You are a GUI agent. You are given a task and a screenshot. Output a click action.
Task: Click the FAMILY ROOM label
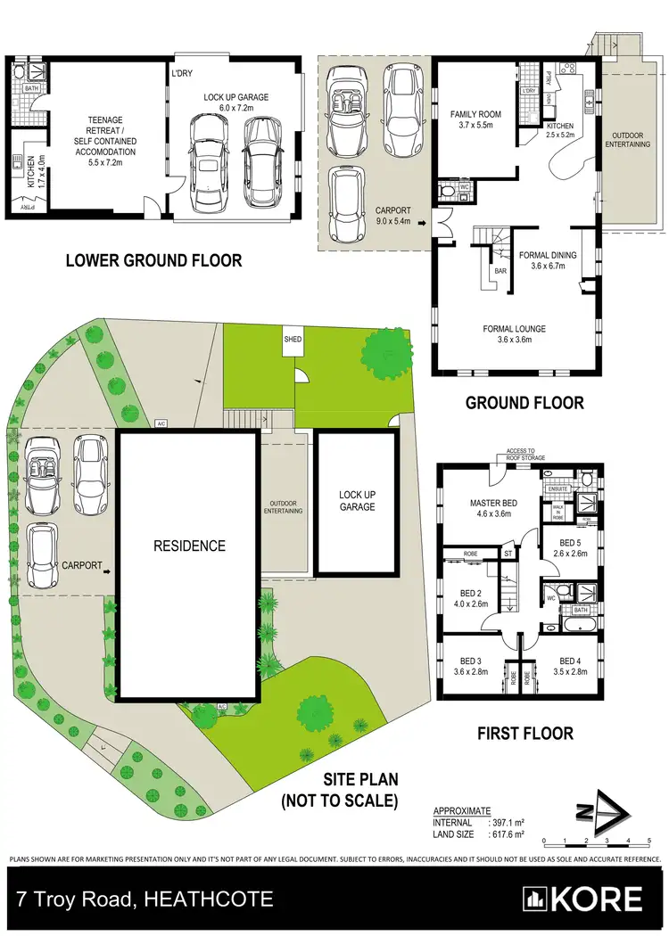pos(475,119)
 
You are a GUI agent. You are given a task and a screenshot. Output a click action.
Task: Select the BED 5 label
pos(570,547)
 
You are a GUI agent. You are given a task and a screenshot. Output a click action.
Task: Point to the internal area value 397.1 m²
pos(508,823)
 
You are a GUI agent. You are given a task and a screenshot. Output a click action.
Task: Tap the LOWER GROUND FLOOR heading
pos(153,261)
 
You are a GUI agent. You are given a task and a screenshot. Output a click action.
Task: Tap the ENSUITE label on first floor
pos(559,488)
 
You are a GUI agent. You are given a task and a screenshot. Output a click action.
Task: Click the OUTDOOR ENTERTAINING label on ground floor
pos(630,139)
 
